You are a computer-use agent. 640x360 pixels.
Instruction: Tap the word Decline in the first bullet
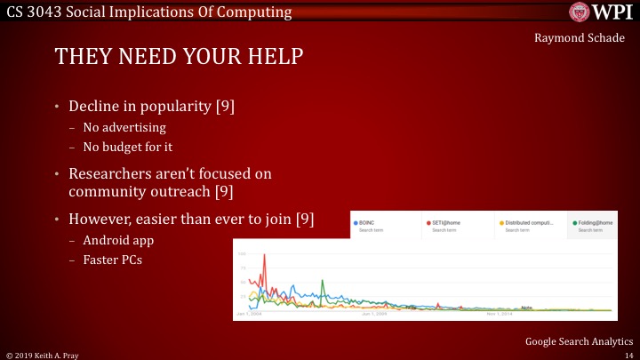point(97,108)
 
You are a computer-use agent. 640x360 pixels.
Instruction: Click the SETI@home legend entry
point(449,223)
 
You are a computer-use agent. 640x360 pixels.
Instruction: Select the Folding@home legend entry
point(595,223)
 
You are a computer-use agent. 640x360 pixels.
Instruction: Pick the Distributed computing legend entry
point(528,223)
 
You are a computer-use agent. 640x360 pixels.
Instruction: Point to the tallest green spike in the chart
point(321,282)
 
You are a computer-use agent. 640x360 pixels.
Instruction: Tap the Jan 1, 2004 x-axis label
point(249,315)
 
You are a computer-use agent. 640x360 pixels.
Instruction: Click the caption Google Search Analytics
point(578,340)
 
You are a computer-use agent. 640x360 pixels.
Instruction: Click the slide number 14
point(628,354)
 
